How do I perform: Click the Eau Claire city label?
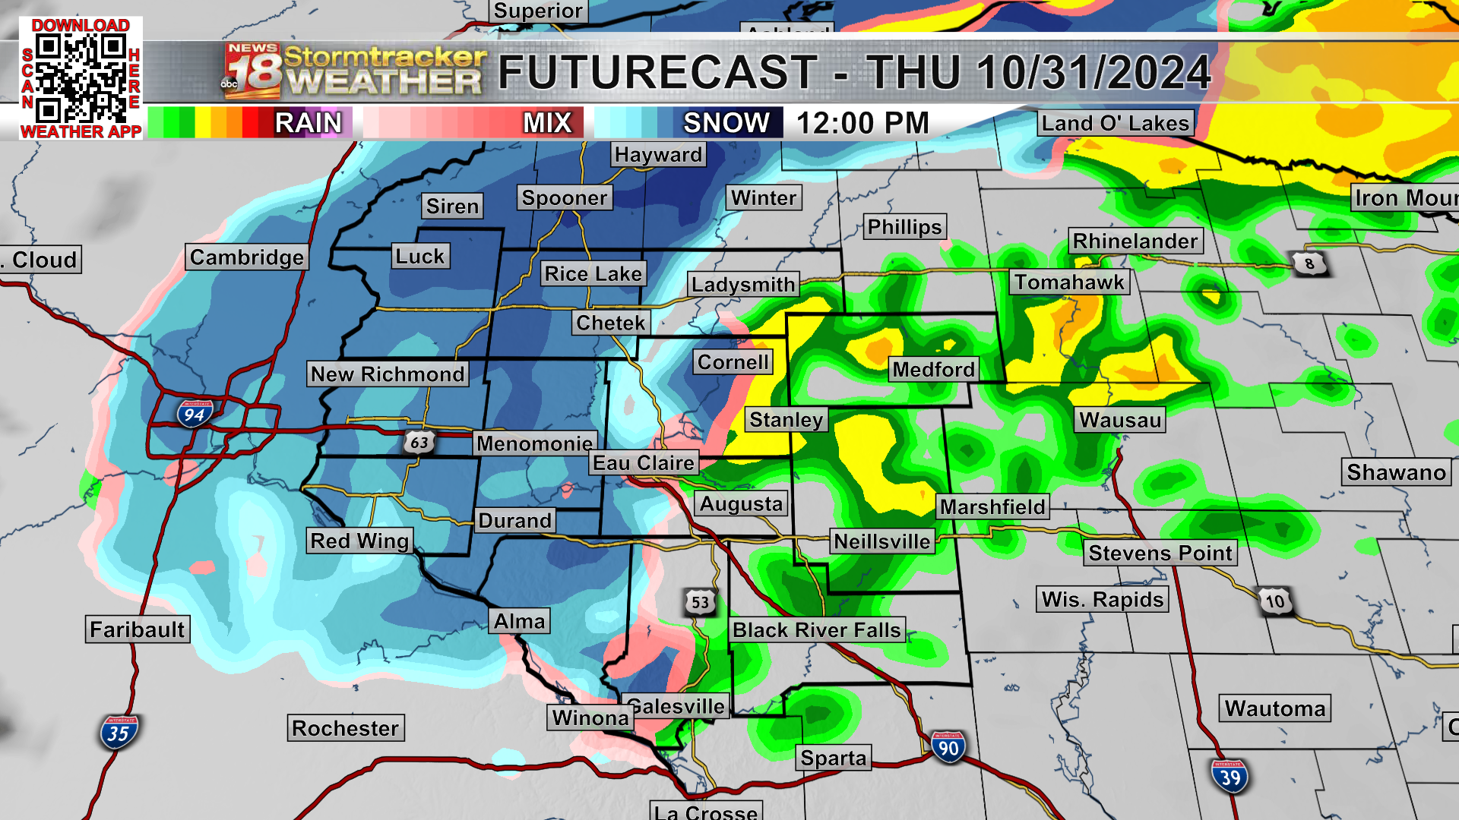644,463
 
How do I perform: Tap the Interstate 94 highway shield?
195,415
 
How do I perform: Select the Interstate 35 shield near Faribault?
119,733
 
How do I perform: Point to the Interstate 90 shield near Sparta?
948,748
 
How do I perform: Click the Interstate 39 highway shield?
1230,777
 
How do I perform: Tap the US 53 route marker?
700,603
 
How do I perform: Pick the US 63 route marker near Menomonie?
419,442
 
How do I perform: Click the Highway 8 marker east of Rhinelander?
1309,263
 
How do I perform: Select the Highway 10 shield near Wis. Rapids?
1275,602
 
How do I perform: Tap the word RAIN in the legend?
308,123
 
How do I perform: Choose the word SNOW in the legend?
726,123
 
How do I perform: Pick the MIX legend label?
547,123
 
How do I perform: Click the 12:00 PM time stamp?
862,123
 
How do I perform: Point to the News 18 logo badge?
252,71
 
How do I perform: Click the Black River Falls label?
817,630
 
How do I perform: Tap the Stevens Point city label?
1160,553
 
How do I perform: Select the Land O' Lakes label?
1115,123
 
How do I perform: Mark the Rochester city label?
345,728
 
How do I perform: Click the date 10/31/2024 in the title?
1093,73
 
